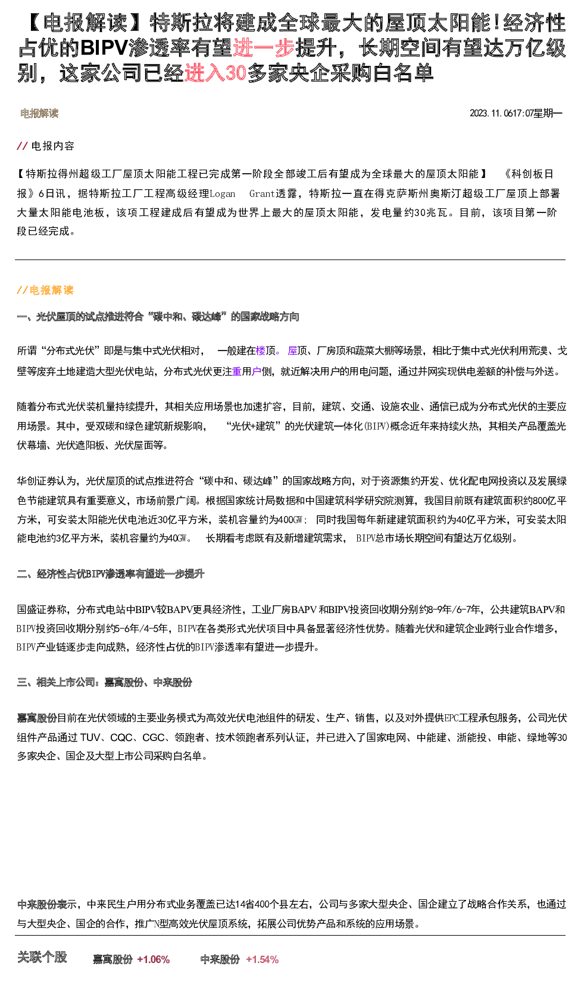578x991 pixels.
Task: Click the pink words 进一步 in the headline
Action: click(x=264, y=48)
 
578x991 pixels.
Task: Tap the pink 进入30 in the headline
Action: click(x=215, y=73)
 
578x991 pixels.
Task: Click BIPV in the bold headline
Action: click(x=104, y=48)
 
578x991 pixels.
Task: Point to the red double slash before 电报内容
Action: click(x=22, y=146)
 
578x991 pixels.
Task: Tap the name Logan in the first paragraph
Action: click(x=223, y=194)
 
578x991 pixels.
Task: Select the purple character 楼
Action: click(x=261, y=351)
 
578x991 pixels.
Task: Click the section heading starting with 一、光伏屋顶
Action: click(x=158, y=317)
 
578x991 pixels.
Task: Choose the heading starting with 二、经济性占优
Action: click(x=111, y=574)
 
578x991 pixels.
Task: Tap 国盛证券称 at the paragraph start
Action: click(x=42, y=609)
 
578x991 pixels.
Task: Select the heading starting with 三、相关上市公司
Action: click(x=104, y=682)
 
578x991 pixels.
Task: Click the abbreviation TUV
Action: click(x=90, y=737)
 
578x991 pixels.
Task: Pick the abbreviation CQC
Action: click(x=121, y=737)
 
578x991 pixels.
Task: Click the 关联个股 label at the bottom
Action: click(x=42, y=958)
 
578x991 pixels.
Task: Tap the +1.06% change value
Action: click(x=154, y=959)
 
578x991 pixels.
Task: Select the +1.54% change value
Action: click(x=262, y=959)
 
